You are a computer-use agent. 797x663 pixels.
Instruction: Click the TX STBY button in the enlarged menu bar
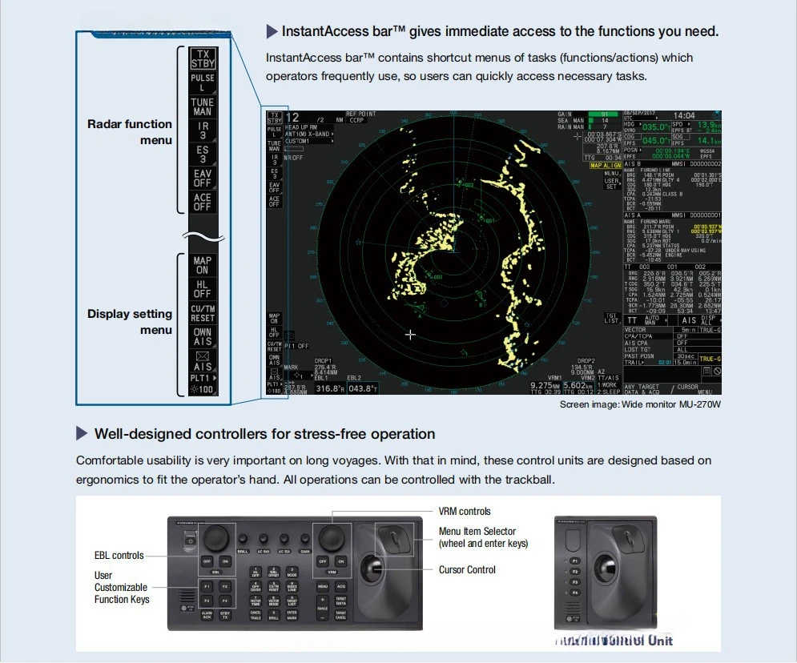point(203,58)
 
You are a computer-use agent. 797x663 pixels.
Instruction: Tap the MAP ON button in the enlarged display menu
point(203,265)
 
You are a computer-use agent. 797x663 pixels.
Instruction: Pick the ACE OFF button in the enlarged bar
point(203,202)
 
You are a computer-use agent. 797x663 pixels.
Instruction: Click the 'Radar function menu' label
point(130,132)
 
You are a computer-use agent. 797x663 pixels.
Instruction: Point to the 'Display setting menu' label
point(130,322)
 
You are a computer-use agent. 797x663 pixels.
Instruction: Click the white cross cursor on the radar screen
point(411,335)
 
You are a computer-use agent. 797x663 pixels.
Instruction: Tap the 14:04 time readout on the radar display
point(683,116)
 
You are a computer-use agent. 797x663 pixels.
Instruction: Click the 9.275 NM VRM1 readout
point(547,385)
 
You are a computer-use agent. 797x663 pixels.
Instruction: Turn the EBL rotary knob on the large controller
point(215,536)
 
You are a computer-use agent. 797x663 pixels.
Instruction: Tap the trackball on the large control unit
point(373,571)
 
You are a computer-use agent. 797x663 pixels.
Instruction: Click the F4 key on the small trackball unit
point(574,593)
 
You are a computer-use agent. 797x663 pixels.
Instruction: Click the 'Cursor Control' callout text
point(467,570)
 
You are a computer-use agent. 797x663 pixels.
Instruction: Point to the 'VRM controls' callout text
point(465,512)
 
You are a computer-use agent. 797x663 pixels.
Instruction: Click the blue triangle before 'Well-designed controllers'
point(82,434)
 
